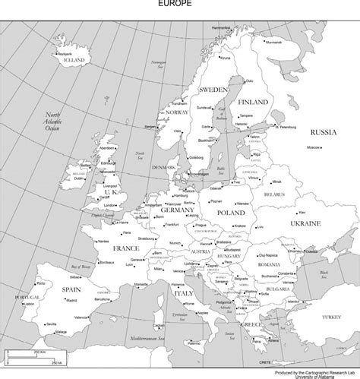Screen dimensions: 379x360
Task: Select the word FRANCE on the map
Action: click(x=126, y=248)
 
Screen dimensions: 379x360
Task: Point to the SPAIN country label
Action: click(x=71, y=289)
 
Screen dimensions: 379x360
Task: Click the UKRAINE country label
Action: click(x=305, y=223)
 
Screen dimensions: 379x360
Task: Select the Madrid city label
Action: click(x=73, y=301)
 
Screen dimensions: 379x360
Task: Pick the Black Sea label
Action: click(x=324, y=274)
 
